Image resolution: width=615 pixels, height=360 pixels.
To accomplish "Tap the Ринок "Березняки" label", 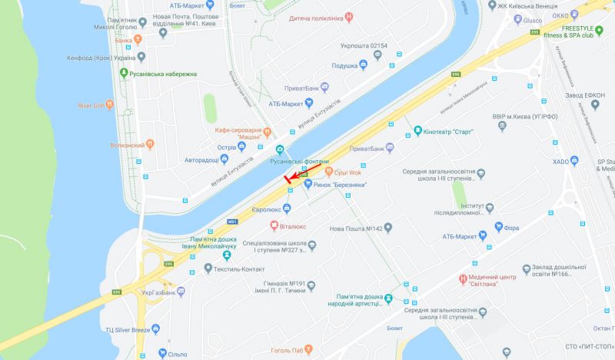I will (339, 184).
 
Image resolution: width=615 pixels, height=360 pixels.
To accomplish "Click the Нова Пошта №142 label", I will (355, 228).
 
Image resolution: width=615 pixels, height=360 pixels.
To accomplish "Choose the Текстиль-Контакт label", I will (239, 268).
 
